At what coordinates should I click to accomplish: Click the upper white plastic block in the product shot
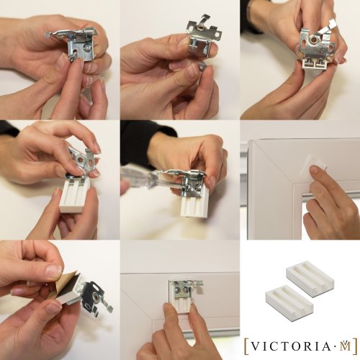(x=310, y=274)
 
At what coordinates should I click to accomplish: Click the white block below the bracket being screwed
(x=193, y=204)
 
